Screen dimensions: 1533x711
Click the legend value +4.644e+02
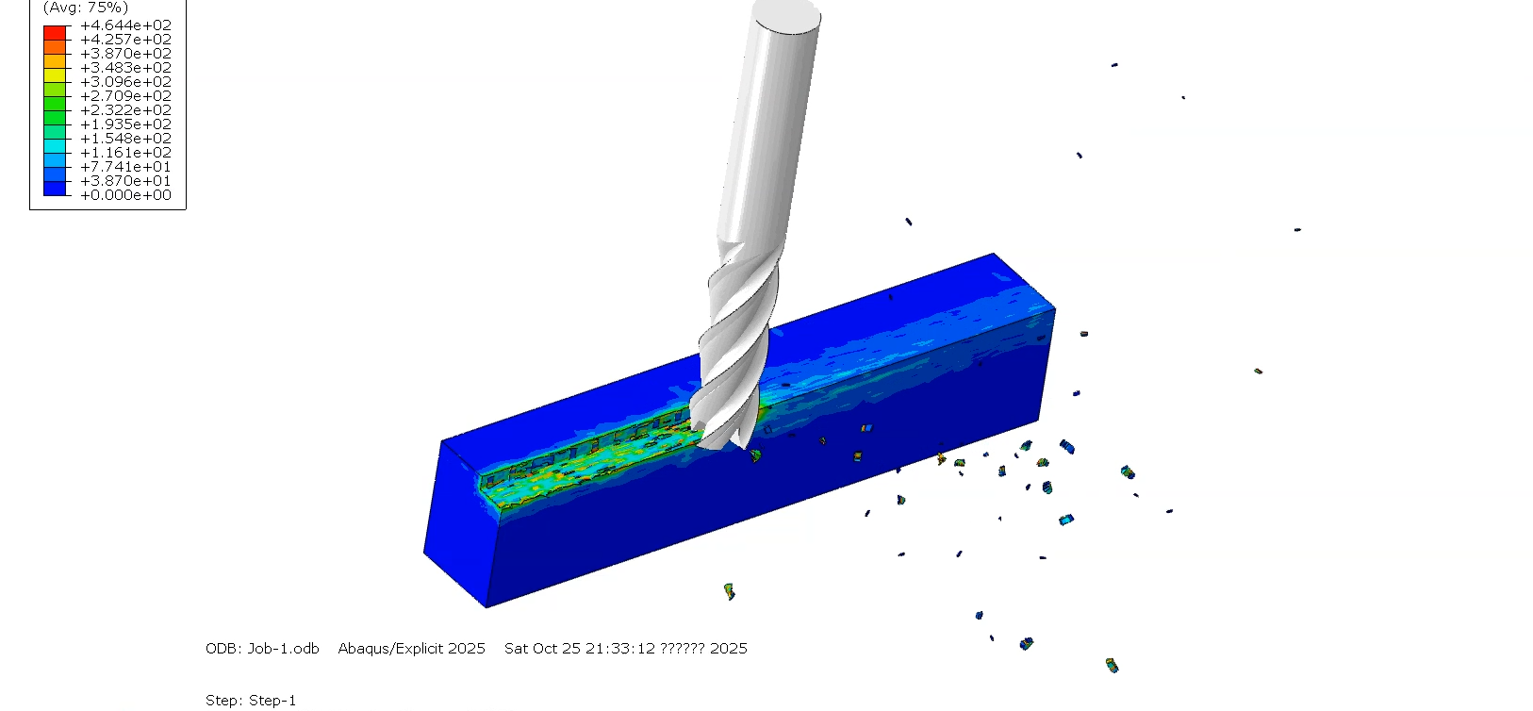tap(126, 25)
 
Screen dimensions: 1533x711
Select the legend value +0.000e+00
tap(126, 195)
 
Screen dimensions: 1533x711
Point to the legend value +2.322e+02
tap(126, 110)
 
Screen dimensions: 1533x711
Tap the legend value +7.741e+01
tap(126, 167)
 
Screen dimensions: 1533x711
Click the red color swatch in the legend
tap(55, 32)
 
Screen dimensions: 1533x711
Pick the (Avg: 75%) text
tap(86, 8)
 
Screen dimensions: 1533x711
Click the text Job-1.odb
tap(283, 648)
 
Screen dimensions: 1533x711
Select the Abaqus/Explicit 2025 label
tap(411, 648)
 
